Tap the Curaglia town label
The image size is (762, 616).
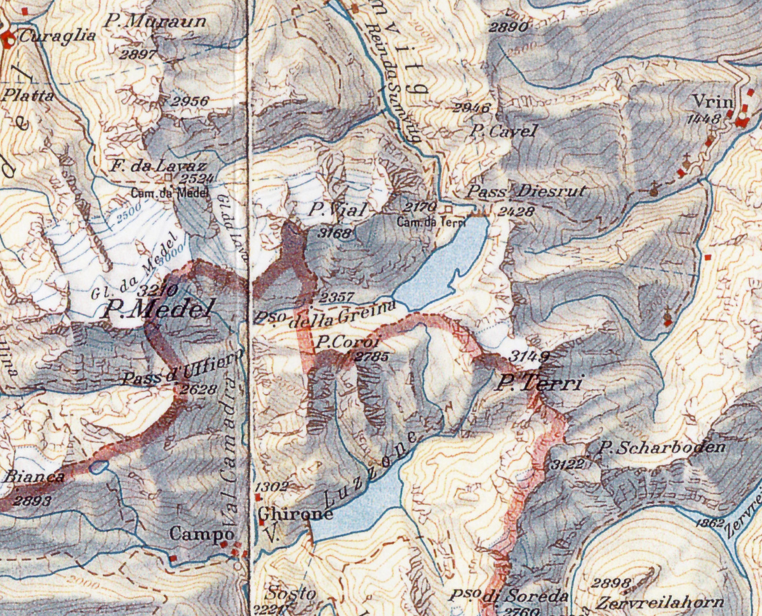[x=57, y=36]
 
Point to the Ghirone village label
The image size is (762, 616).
[x=295, y=514]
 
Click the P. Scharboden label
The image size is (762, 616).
[x=662, y=447]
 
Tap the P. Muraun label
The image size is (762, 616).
[x=156, y=22]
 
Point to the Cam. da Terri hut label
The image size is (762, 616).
[x=427, y=222]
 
